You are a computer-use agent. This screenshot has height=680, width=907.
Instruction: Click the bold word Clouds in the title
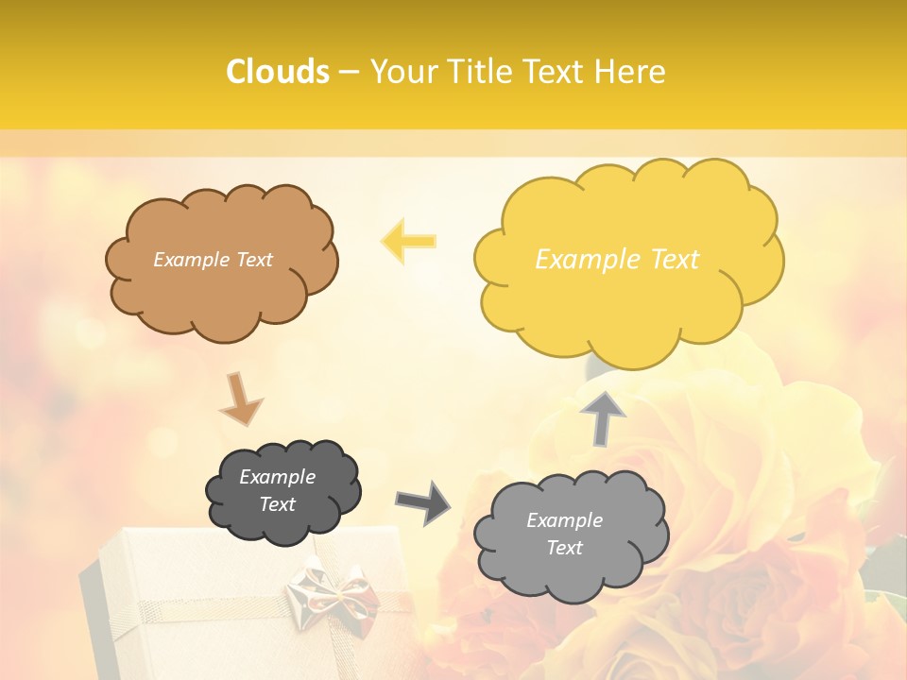pyautogui.click(x=278, y=72)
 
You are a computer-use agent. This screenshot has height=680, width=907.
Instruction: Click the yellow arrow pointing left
pyautogui.click(x=409, y=241)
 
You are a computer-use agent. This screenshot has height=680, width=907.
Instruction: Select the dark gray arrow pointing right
pyautogui.click(x=422, y=501)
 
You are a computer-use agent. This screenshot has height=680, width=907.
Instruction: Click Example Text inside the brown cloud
pyautogui.click(x=213, y=260)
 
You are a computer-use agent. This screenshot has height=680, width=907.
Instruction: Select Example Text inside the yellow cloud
pyautogui.click(x=617, y=260)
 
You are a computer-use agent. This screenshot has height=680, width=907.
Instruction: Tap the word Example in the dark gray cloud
pyautogui.click(x=277, y=477)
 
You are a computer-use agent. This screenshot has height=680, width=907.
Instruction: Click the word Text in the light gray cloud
pyautogui.click(x=564, y=548)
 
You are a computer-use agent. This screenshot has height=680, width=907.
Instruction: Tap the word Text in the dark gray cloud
pyautogui.click(x=277, y=504)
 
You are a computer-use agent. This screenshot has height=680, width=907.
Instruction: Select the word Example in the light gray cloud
pyautogui.click(x=564, y=520)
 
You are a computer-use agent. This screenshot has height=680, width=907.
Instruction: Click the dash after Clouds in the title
pyautogui.click(x=349, y=72)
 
